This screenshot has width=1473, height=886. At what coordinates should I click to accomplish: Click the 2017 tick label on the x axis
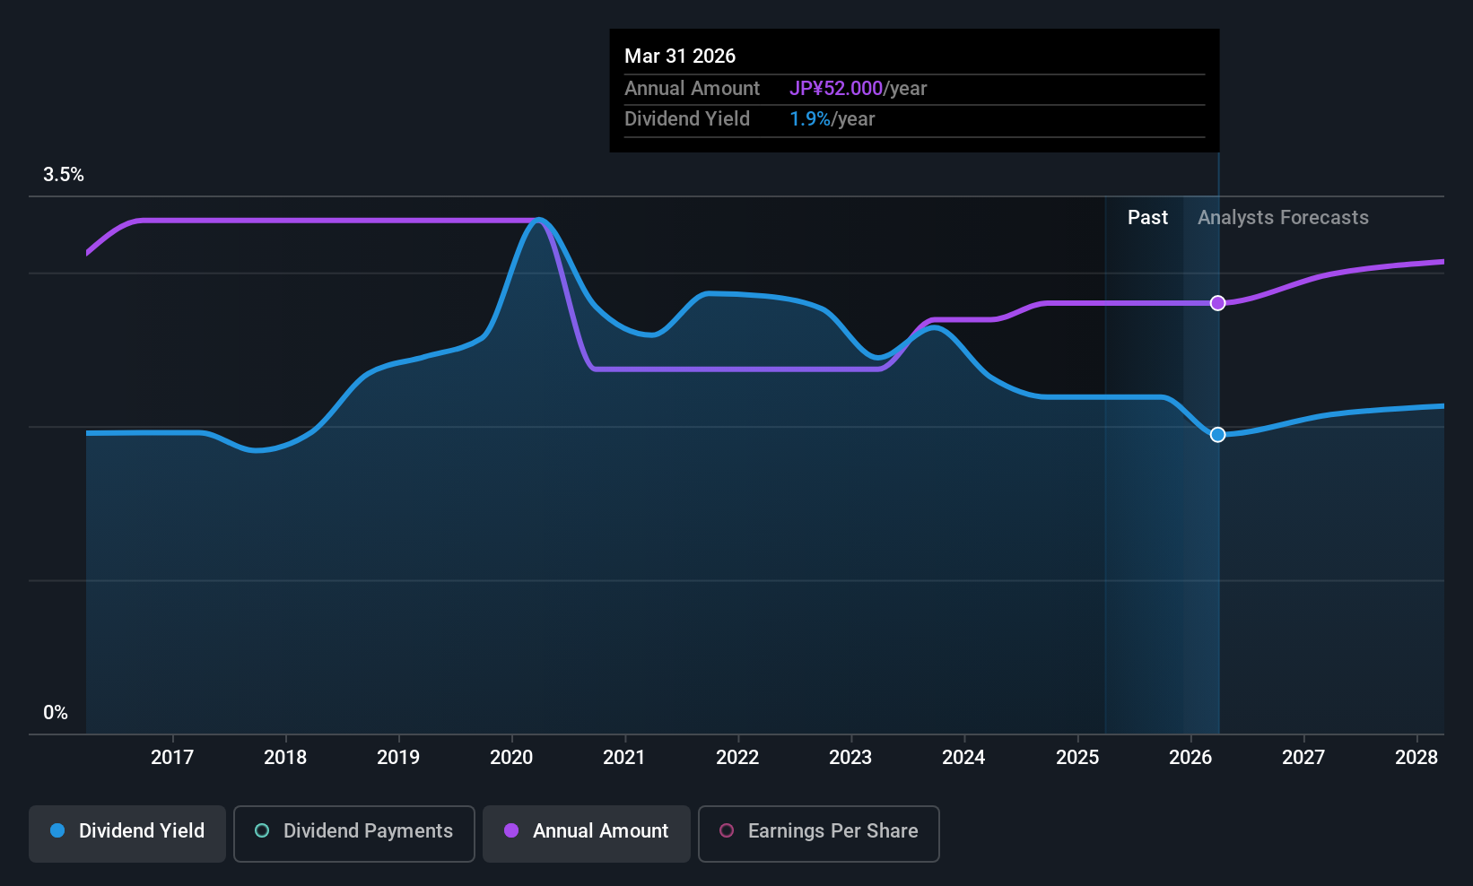pos(172,758)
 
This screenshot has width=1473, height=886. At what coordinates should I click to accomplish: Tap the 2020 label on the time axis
pos(511,758)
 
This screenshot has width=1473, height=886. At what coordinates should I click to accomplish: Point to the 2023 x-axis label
pos(850,758)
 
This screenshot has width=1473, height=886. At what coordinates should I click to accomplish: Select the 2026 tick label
pos(1190,758)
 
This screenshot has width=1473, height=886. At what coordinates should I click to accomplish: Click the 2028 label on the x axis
pos(1416,758)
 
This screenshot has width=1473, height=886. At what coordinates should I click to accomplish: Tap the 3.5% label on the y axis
pos(64,175)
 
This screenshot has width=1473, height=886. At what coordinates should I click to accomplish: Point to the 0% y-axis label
pos(56,713)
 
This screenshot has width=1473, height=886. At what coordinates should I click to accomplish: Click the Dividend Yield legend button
pos(127,831)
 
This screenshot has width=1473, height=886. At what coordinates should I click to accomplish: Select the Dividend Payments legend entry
pos(354,831)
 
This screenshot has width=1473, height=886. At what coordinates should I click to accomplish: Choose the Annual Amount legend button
pos(587,831)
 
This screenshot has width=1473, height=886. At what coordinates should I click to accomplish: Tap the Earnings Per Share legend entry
pos(819,831)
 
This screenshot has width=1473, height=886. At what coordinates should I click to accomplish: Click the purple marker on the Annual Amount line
pos(1217,303)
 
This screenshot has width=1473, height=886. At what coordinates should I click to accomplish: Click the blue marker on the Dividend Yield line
pos(1217,435)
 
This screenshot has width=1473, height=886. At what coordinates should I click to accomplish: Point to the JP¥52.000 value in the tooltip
pos(836,89)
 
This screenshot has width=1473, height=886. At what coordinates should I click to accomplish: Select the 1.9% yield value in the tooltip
pos(810,119)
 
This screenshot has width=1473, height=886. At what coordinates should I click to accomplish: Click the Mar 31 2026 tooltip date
pos(680,56)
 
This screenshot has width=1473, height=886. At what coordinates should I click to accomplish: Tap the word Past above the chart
pos(1147,218)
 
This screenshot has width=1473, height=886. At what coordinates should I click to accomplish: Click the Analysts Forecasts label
pos(1283,218)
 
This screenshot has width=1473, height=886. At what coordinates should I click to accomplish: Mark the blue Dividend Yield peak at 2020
pos(539,221)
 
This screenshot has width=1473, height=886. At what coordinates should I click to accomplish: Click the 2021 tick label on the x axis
pos(624,758)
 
